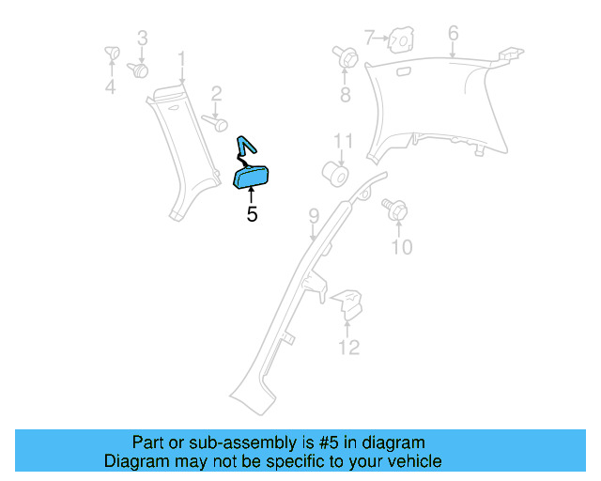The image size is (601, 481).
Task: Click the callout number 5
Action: pyautogui.click(x=252, y=214)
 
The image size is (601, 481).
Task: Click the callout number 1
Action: pyautogui.click(x=182, y=58)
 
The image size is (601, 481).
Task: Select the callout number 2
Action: pyautogui.click(x=216, y=93)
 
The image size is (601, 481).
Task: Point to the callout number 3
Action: pyautogui.click(x=143, y=39)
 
